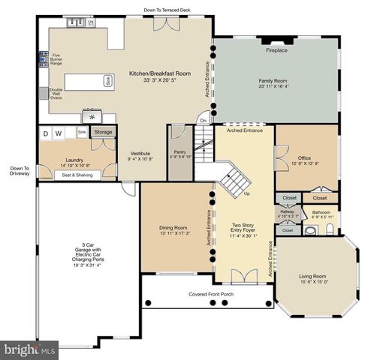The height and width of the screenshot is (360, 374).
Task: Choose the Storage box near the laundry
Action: (104, 132)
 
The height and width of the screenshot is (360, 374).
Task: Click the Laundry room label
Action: (73, 161)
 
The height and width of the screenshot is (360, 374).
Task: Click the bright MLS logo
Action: (30, 349)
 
